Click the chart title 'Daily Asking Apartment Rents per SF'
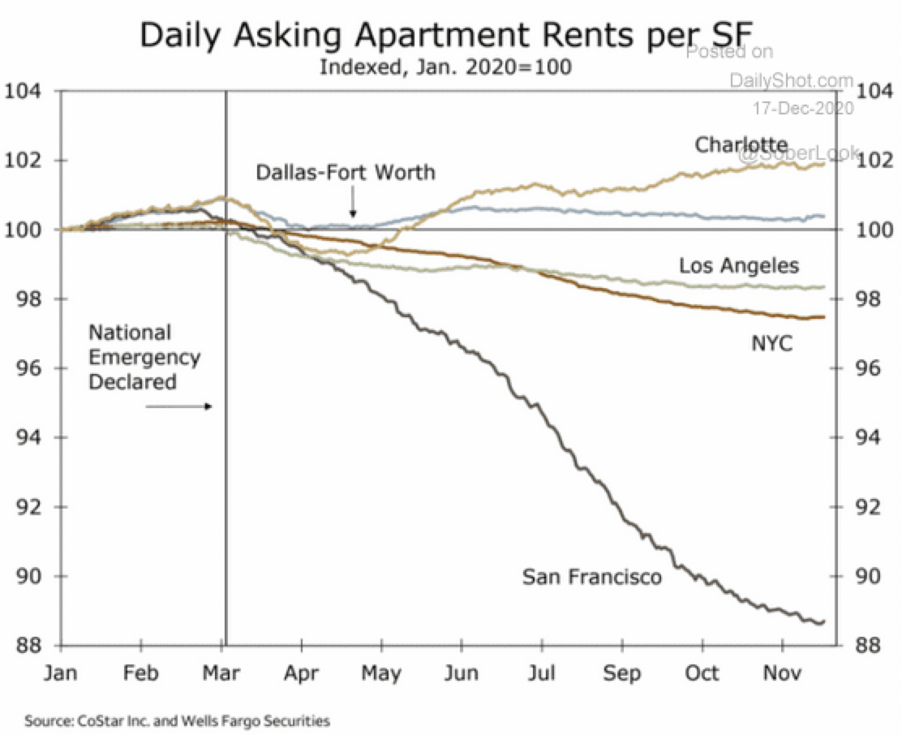coord(446,36)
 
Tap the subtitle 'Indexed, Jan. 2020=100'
coord(445,67)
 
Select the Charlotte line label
coord(741,144)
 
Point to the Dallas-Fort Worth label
coord(346,172)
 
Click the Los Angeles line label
coord(739,265)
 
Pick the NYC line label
coord(771,345)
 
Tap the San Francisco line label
coord(592,577)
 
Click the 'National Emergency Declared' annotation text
coord(144,357)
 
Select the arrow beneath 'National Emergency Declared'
coord(179,406)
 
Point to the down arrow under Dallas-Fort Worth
coord(353,204)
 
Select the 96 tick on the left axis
coord(26,368)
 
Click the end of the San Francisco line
coord(823,621)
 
